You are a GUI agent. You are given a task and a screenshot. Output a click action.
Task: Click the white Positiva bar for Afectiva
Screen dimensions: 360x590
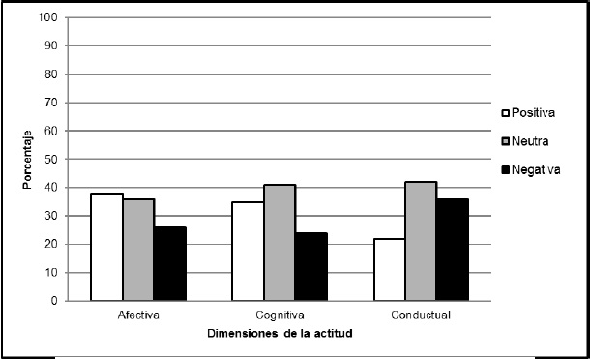coord(106,247)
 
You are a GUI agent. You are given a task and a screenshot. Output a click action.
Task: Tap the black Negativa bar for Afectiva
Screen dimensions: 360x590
coord(170,264)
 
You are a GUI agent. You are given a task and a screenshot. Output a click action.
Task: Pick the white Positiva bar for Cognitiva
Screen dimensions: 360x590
coord(248,252)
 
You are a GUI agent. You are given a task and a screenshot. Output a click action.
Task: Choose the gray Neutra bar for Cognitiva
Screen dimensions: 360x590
coord(280,243)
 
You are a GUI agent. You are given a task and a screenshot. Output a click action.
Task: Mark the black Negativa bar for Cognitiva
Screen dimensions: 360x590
coord(311,267)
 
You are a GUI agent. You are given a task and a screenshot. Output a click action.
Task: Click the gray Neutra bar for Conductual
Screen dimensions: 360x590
coord(421,241)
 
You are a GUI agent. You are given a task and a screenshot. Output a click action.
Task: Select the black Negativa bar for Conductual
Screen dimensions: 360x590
coord(452,250)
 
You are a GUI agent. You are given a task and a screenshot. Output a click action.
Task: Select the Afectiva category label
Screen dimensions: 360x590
coord(138,315)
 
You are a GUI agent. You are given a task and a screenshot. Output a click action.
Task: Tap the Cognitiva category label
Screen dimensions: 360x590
coord(280,315)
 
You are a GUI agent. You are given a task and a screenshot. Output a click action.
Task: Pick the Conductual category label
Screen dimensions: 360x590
coord(421,315)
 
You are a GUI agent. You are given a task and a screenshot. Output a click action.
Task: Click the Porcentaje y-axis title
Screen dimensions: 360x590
coord(29,159)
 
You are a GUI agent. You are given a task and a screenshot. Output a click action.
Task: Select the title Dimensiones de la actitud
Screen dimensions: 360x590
coord(280,334)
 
